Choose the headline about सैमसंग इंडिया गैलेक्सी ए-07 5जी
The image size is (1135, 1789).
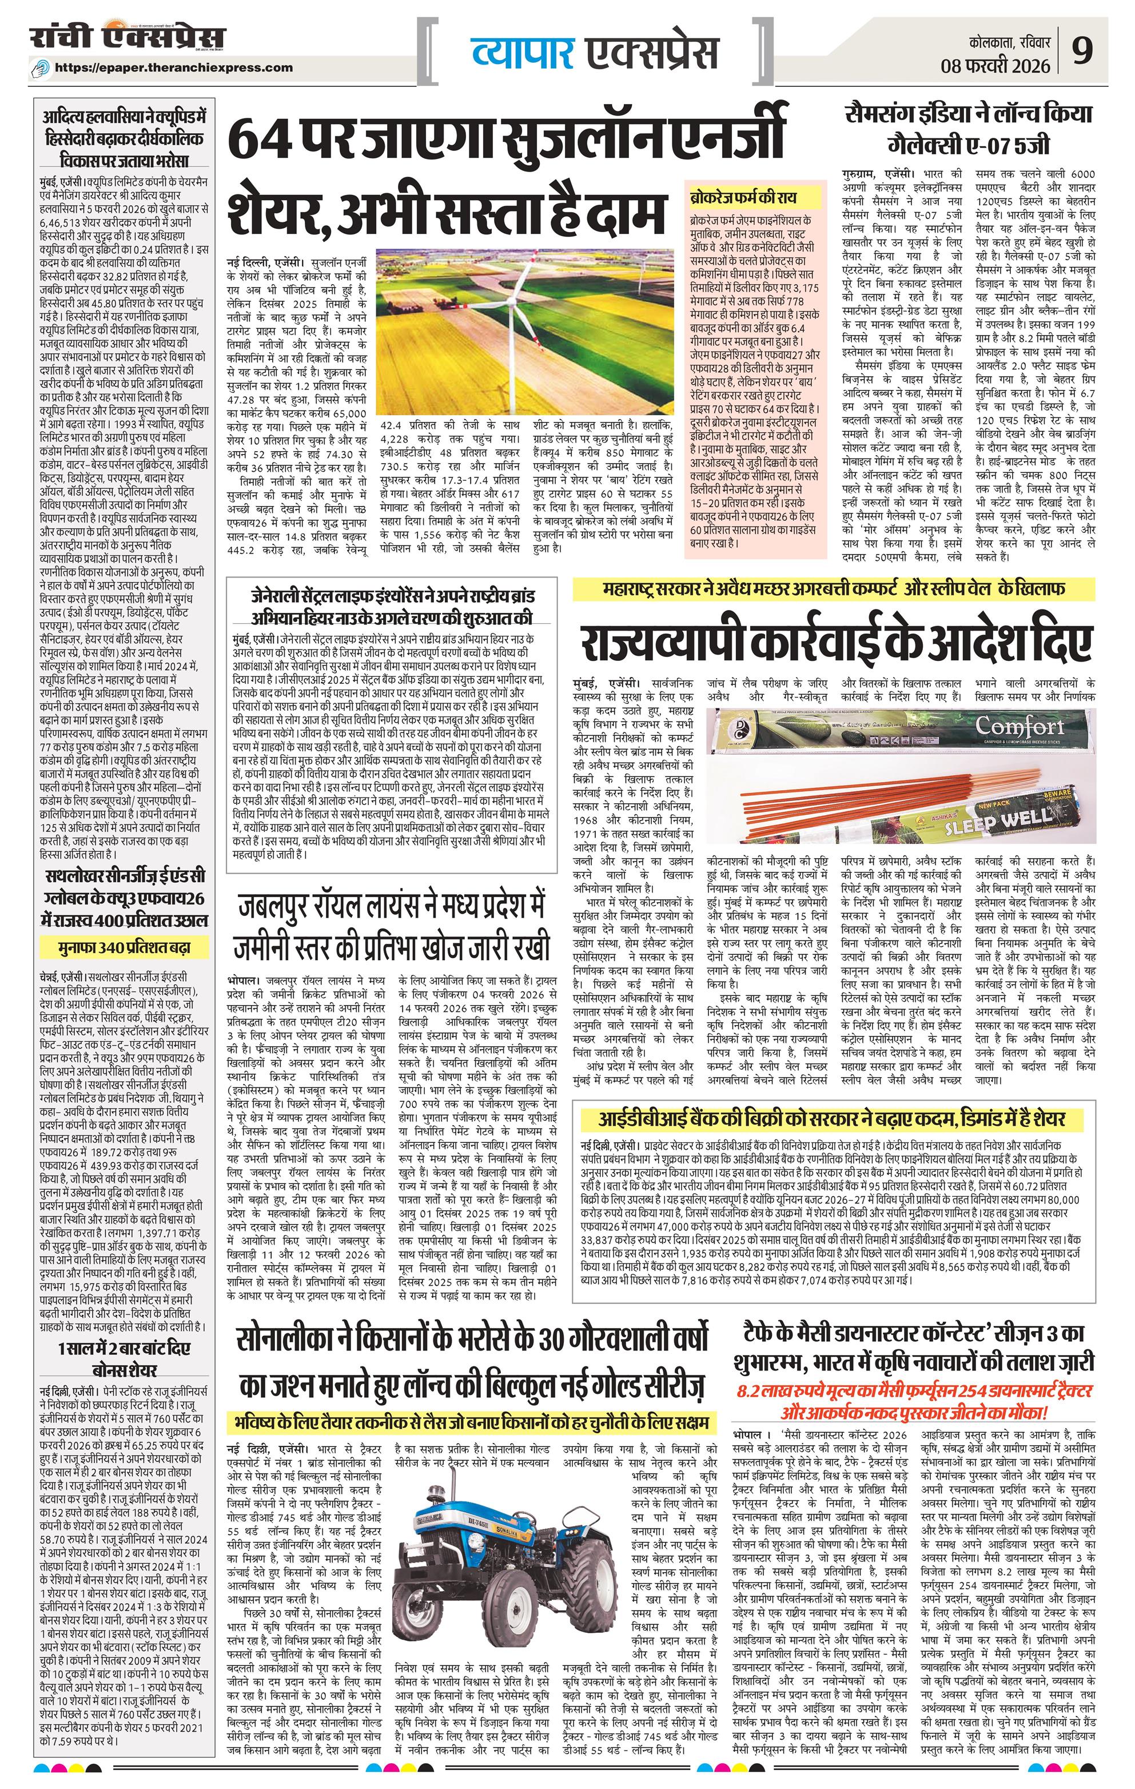point(969,128)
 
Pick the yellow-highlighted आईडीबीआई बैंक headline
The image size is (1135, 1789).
point(832,1119)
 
